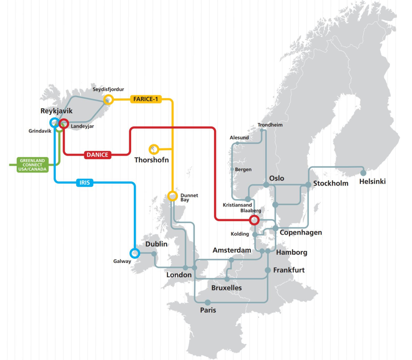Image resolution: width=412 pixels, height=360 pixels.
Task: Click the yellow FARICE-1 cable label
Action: point(146,99)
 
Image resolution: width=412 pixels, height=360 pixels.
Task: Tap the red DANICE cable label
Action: point(98,155)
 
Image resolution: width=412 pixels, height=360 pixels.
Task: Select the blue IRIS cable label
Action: point(85,183)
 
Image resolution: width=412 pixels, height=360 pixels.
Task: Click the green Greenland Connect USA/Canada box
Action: point(33,165)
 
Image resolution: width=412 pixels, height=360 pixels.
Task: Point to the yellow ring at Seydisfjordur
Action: point(108,100)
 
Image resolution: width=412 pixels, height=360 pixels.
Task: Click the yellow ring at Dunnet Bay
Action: point(173,196)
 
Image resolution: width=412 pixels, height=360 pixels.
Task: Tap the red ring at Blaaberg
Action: point(254,220)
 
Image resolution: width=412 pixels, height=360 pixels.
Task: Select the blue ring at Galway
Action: point(134,253)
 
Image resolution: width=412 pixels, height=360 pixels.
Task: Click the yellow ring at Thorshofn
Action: point(154,149)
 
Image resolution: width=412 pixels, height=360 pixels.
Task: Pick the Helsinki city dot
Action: point(363,173)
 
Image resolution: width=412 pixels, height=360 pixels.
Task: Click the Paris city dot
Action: point(208,302)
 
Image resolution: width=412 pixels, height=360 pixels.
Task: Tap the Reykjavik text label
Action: point(56,111)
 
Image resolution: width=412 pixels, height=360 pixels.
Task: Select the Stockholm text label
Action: point(331,183)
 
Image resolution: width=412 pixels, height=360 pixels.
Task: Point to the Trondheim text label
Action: point(270,125)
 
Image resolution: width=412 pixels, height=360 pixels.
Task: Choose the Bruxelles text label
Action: point(227,288)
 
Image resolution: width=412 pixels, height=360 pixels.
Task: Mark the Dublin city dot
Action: point(154,254)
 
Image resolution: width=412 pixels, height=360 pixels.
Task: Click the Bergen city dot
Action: point(232,169)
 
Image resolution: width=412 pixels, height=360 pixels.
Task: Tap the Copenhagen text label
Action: point(301,232)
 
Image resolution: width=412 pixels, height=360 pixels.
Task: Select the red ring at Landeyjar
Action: point(64,123)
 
